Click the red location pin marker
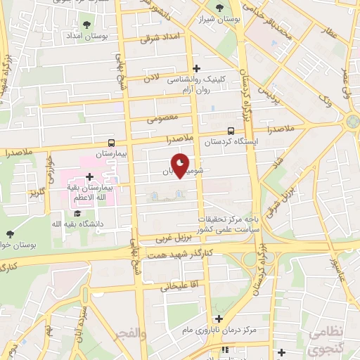pyautogui.click(x=181, y=165)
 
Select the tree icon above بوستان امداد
pyautogui.click(x=86, y=25)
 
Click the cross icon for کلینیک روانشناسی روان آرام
pyautogui.click(x=197, y=68)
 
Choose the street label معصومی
pyautogui.click(x=160, y=118)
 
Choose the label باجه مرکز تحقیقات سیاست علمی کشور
pyautogui.click(x=225, y=224)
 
